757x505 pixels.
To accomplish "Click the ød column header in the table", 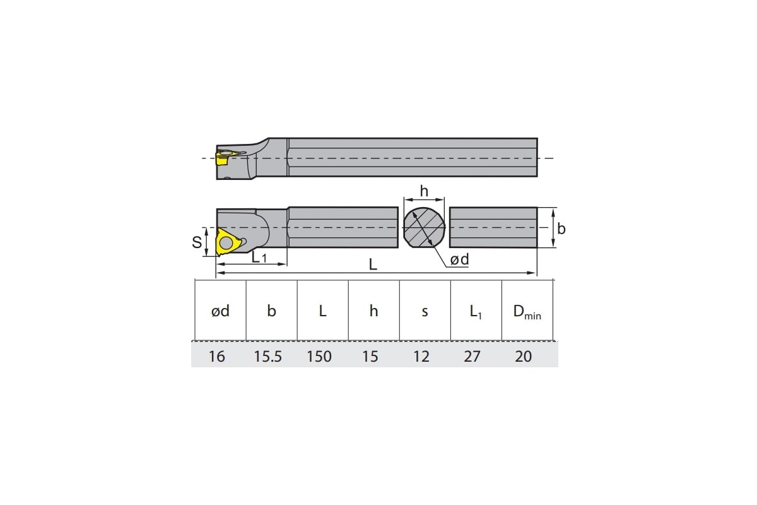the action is tap(220, 311).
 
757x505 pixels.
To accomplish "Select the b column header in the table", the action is tap(271, 311).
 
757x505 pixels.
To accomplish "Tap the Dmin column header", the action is tap(527, 312).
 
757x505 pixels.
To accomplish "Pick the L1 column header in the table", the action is tap(476, 312).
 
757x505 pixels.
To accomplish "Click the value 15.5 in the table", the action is tap(267, 357).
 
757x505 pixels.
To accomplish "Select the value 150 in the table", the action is tap(319, 357).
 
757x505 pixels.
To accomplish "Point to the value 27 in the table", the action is tap(472, 357).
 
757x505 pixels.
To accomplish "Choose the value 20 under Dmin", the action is tap(523, 357).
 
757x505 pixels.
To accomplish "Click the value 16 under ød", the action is tap(216, 357).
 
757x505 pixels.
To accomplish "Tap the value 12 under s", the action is tap(421, 357).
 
